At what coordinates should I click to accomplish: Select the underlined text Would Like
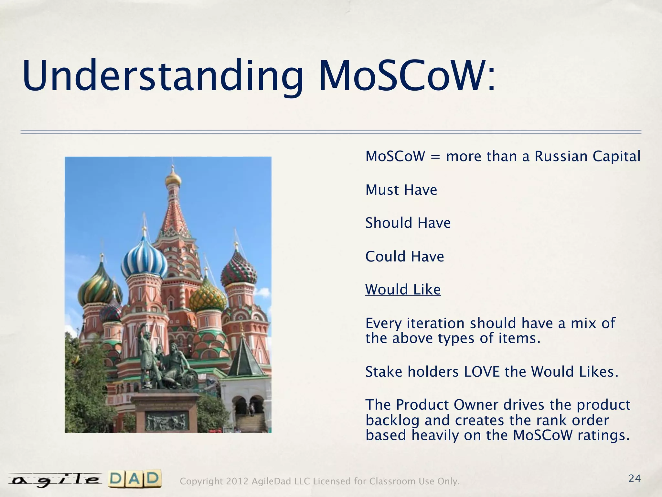coord(403,290)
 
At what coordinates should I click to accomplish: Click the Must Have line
coord(401,190)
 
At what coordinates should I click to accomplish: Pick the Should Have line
coord(408,223)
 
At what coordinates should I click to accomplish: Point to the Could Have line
coord(405,257)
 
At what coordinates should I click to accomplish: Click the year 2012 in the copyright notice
coord(237,481)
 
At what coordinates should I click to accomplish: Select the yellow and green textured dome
coord(208,297)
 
